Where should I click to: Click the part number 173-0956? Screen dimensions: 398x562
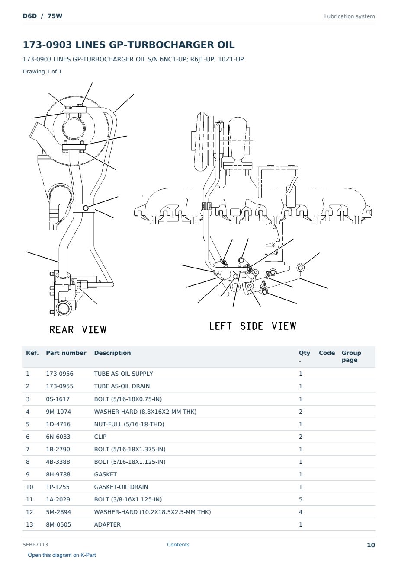coord(60,374)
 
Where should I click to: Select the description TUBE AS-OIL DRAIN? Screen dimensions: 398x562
coord(122,386)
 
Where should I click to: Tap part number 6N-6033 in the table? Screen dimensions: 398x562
coord(58,437)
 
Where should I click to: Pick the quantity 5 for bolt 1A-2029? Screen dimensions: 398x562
coord(301,499)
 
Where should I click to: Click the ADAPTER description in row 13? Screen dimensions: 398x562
coord(107,525)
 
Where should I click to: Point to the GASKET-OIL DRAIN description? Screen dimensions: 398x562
coord(121,487)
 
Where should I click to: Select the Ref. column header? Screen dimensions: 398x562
coord(32,353)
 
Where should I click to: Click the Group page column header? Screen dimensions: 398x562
coord(351,357)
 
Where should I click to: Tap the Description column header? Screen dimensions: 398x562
coord(112,353)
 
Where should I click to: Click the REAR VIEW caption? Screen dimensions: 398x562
coord(78,330)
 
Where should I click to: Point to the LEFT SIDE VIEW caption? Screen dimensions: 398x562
coord(253,326)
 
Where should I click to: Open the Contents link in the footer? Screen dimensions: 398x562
coord(178,545)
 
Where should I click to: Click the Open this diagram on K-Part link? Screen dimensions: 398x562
coord(62,555)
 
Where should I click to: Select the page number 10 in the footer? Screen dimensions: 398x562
coord(371,545)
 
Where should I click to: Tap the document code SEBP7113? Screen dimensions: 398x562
coord(35,545)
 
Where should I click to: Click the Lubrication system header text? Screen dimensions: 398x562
coord(350,16)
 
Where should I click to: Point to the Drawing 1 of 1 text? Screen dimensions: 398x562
coord(42,72)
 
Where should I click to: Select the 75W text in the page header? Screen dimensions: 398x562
coord(55,16)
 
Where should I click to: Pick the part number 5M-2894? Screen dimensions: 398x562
coord(58,512)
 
